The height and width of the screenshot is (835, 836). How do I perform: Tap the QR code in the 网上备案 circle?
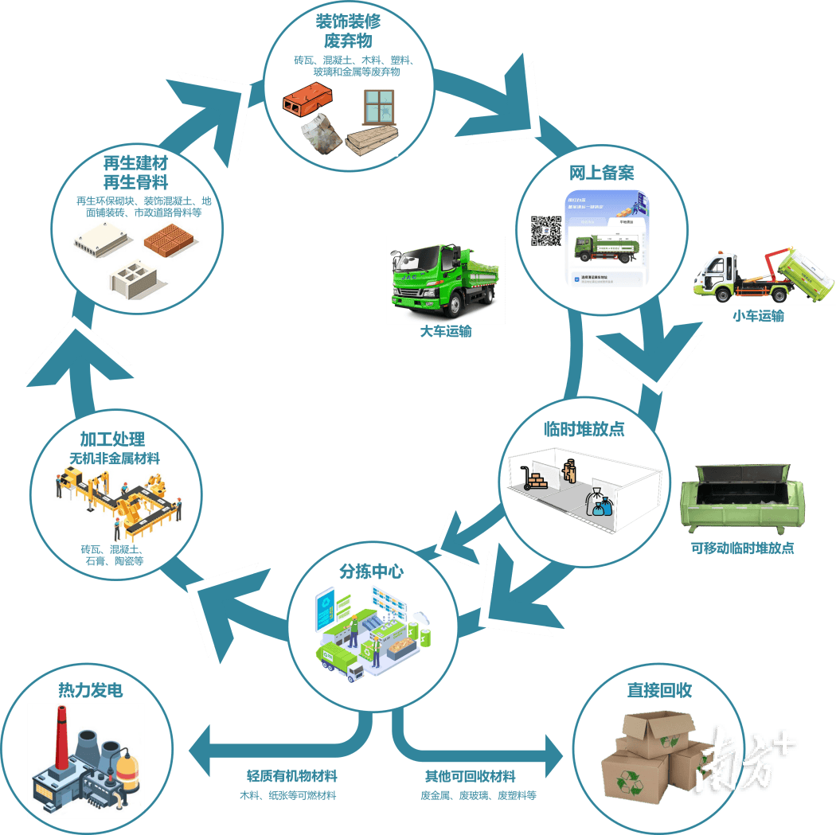(x=546, y=230)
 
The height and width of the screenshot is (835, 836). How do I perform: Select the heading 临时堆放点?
(x=584, y=428)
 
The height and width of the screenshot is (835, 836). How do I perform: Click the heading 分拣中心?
(x=371, y=571)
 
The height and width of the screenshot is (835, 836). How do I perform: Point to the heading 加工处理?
(x=112, y=440)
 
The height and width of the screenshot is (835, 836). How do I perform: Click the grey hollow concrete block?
(x=134, y=279)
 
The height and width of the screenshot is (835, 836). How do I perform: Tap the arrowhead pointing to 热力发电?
(x=198, y=749)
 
